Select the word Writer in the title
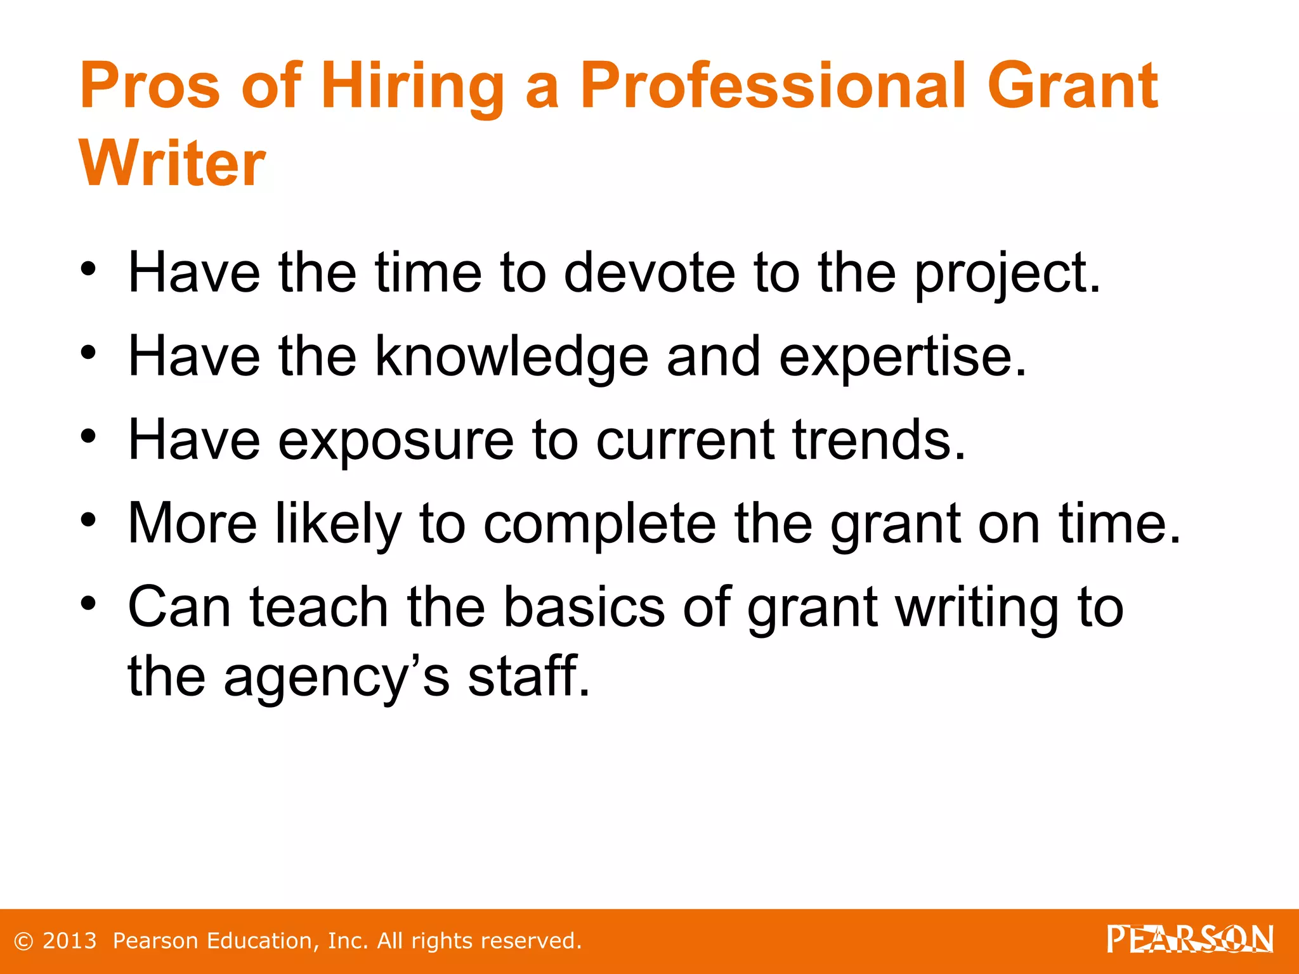tap(172, 164)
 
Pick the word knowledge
tap(511, 357)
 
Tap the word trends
tap(879, 439)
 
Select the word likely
tap(338, 524)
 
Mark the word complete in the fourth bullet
tap(599, 524)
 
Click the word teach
tap(319, 607)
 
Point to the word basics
tap(584, 607)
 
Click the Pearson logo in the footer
tap(1190, 939)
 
